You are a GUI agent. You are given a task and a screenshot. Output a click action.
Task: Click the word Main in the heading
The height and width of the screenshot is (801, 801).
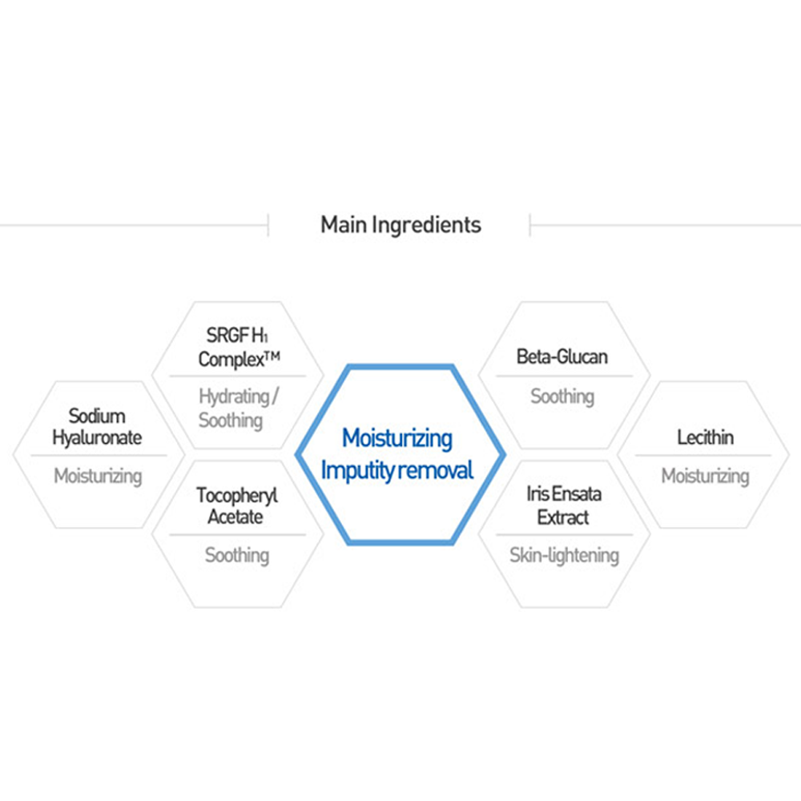[344, 224]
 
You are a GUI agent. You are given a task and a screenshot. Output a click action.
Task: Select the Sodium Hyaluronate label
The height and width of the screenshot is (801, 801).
[97, 427]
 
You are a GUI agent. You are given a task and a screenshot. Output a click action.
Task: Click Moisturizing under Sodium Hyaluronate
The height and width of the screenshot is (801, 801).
[98, 477]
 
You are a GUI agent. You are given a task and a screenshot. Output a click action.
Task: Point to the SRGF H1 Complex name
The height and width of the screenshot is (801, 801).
[237, 348]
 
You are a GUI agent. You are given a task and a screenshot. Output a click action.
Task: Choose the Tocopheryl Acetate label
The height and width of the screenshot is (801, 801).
[237, 506]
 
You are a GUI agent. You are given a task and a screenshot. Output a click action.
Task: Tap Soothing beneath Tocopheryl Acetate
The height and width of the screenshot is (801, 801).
[237, 555]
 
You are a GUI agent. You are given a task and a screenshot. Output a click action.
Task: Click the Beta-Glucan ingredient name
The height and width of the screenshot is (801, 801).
[562, 357]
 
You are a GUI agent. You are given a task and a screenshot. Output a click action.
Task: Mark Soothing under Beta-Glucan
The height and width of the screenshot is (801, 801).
[562, 396]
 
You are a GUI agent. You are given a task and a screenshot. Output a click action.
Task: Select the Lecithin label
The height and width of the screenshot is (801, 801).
[705, 437]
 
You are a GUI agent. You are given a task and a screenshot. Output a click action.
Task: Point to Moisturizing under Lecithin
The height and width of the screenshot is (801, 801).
[705, 477]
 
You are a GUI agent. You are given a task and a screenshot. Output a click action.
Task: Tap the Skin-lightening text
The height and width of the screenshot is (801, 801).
[564, 555]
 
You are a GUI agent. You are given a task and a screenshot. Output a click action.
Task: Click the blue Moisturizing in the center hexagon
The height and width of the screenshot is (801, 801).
[397, 438]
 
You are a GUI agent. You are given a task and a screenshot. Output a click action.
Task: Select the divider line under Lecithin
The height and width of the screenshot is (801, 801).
[705, 457]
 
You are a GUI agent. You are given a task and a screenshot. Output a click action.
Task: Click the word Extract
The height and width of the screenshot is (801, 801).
[563, 517]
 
